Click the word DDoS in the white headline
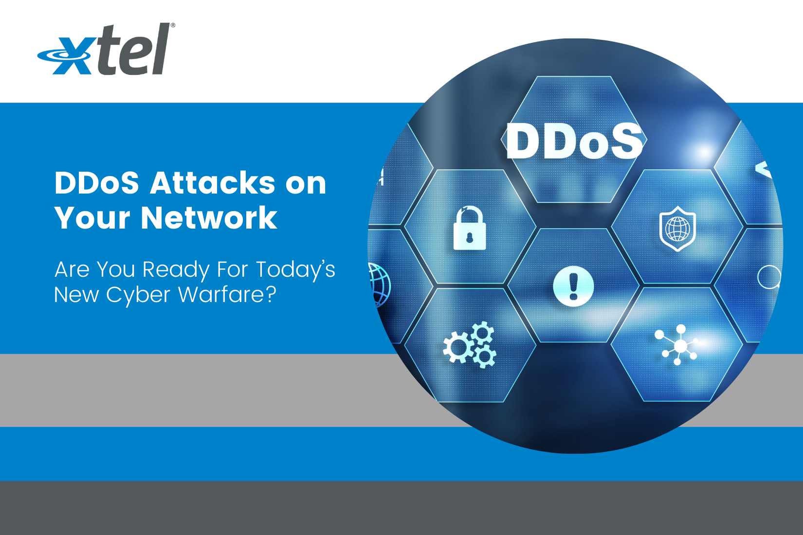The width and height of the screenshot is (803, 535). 97,183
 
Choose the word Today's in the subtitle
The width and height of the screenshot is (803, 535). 295,269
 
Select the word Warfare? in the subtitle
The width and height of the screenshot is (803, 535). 227,295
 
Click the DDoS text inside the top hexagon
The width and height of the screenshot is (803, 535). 574,141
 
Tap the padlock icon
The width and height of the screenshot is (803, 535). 470,228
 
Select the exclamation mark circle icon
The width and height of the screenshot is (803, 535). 573,286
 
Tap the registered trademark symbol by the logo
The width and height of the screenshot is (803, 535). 173,25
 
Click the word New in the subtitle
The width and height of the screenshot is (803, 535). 72,295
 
